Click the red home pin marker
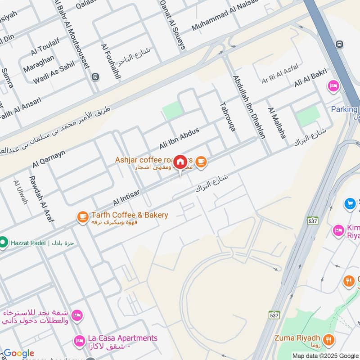(x=180, y=162)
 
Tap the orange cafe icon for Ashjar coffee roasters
(x=201, y=161)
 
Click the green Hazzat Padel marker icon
(x=4, y=242)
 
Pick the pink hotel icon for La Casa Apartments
(x=80, y=340)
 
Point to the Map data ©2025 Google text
(x=325, y=355)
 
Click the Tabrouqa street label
(x=228, y=116)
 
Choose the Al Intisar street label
(x=126, y=197)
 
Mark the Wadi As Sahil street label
(x=54, y=73)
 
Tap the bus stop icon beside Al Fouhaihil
(x=95, y=77)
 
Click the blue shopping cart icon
(x=350, y=204)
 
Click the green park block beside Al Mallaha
(x=308, y=116)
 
